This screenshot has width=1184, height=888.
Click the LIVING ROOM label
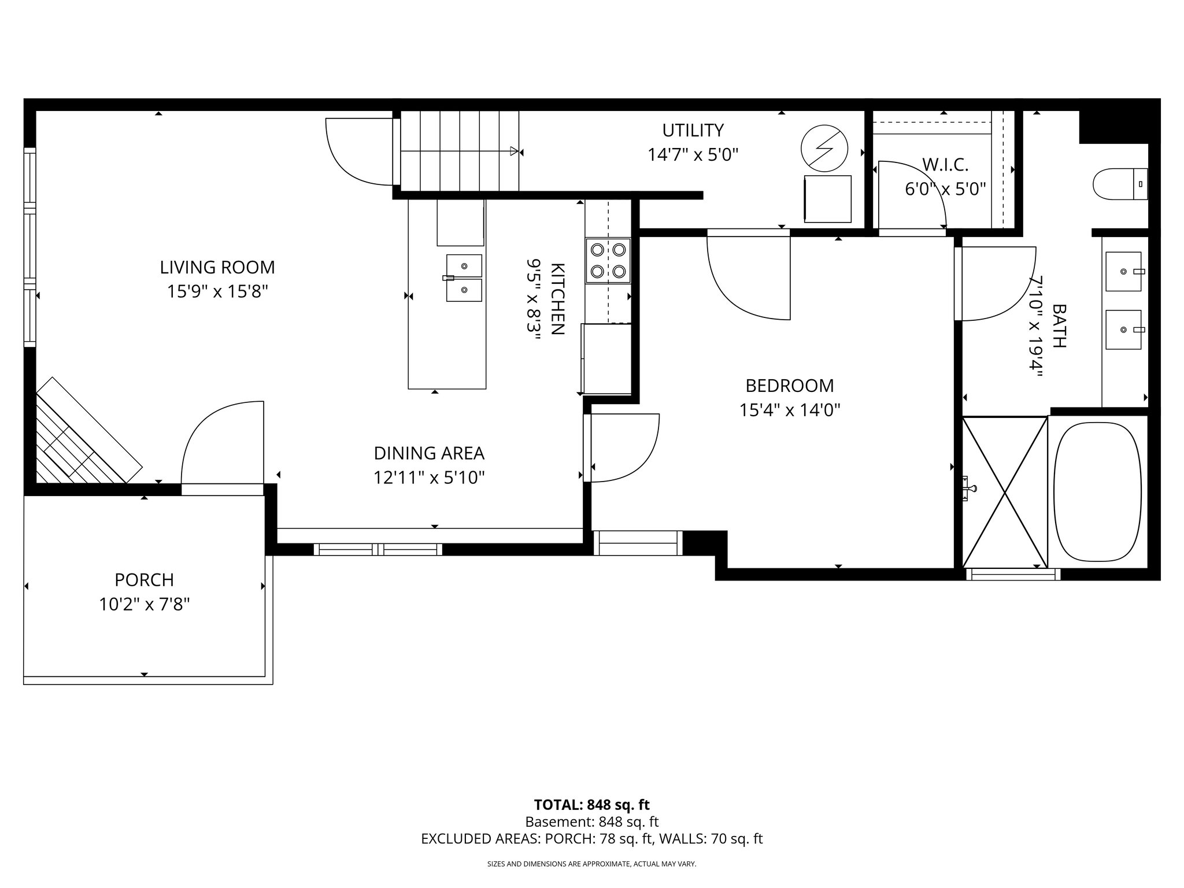[217, 267]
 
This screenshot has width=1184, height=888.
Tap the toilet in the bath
[1119, 184]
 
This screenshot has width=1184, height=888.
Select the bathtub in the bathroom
[1097, 492]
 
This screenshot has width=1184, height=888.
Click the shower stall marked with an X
[1005, 492]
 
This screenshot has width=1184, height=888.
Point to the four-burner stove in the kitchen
[608, 260]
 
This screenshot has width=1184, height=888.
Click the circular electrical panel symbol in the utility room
[824, 148]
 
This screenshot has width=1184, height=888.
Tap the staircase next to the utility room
[460, 151]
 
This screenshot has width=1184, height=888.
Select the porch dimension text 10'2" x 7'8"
[144, 605]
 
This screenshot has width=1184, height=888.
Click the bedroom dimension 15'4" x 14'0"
[789, 410]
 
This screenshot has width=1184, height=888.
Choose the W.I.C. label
[945, 165]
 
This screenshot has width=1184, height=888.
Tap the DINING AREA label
[429, 453]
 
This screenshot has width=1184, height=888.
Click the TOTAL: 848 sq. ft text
[591, 805]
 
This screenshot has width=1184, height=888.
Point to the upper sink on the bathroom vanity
[1123, 271]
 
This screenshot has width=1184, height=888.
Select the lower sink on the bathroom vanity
[1123, 330]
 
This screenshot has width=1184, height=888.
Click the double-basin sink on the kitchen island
[464, 278]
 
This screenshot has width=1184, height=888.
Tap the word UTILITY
[693, 130]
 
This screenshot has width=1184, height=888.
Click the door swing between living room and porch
[223, 442]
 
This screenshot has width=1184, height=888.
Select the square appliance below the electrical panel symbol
[827, 199]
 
